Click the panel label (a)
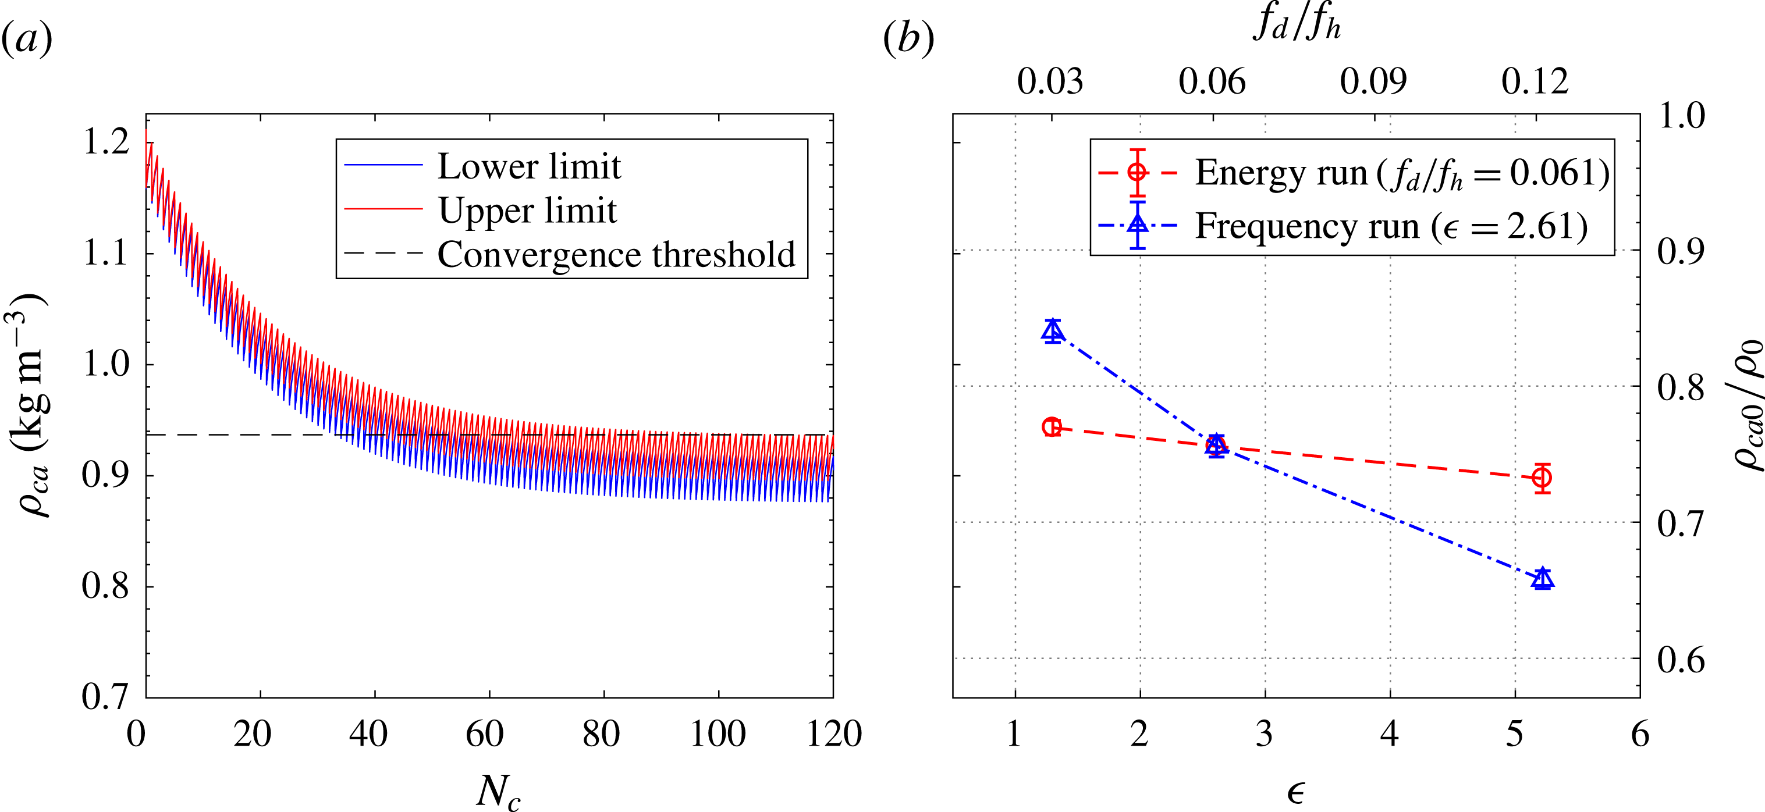(27, 39)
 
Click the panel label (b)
(908, 39)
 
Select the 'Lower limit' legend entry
(528, 166)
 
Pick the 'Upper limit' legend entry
(527, 210)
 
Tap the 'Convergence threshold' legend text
(616, 255)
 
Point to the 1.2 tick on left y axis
(105, 142)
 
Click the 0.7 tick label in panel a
(105, 697)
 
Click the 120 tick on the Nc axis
(833, 734)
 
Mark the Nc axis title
(498, 793)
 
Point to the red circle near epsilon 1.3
(1052, 427)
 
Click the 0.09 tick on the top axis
(1373, 81)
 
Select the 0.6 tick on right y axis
(1681, 660)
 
